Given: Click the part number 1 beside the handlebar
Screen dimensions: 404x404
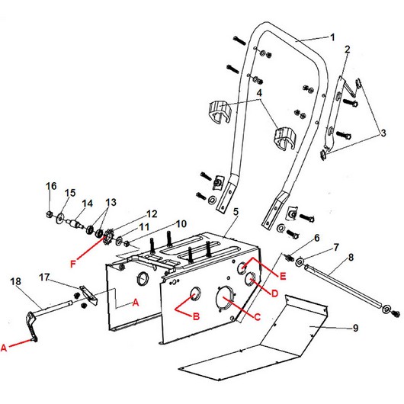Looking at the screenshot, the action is (x=332, y=37).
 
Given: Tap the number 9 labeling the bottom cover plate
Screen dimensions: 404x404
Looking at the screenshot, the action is (x=355, y=328).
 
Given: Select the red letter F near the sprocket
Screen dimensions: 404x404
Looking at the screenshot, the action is (x=73, y=264).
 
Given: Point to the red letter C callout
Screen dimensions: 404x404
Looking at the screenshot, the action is (x=258, y=317).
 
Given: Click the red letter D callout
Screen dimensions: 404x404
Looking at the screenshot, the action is (x=275, y=293).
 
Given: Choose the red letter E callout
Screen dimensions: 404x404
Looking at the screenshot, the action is (x=283, y=276).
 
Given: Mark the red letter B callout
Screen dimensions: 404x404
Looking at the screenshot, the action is (x=196, y=316).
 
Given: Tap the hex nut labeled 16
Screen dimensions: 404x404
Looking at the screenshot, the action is (x=50, y=214).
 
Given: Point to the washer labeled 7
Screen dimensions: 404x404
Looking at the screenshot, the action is (x=300, y=262).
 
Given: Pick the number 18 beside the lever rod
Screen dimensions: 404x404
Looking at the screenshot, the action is (x=16, y=281).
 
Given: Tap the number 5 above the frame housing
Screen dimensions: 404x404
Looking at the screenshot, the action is (x=236, y=212).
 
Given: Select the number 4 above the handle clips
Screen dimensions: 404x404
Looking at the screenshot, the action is (x=259, y=93).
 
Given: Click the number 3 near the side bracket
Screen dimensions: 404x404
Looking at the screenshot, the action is (x=383, y=133).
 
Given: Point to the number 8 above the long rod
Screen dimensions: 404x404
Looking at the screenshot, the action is (x=351, y=257).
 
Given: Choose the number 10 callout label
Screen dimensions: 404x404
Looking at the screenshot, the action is (x=181, y=223).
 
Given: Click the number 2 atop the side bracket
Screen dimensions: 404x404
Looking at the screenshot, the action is (x=348, y=50).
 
